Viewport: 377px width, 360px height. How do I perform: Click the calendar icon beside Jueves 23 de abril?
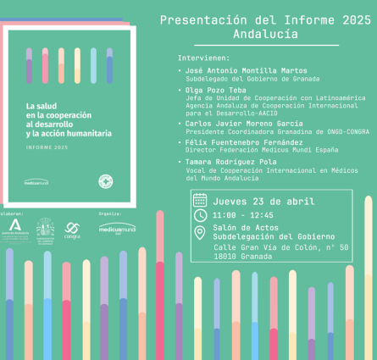(x=200, y=201)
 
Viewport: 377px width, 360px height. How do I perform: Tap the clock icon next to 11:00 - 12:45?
(x=200, y=215)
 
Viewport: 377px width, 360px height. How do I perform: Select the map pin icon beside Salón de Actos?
(x=200, y=231)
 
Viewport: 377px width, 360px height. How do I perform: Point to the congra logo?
(x=72, y=229)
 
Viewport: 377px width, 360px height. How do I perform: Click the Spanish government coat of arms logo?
(x=44, y=228)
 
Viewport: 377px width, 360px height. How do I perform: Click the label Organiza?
(x=110, y=214)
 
